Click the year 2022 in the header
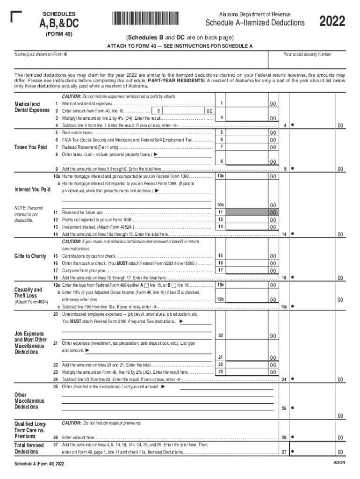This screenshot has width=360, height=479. coord(332,22)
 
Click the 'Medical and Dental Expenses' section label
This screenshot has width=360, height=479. coord(31,107)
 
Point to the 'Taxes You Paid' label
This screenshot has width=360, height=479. coord(30,147)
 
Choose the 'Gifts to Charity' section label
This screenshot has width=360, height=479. coord(30,256)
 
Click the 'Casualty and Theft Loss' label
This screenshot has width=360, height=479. coord(29,292)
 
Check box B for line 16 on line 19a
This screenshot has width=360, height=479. coord(174,285)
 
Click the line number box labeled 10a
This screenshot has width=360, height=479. coord(221,176)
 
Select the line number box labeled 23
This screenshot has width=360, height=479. coord(221,372)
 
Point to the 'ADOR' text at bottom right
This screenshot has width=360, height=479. coord(339,462)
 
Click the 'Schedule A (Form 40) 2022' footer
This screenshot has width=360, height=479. coord(39,464)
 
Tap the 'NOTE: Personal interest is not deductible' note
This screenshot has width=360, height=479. coord(29,214)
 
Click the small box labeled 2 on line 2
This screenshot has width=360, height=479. coord(159,111)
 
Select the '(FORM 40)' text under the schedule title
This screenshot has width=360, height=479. coord(59,35)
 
